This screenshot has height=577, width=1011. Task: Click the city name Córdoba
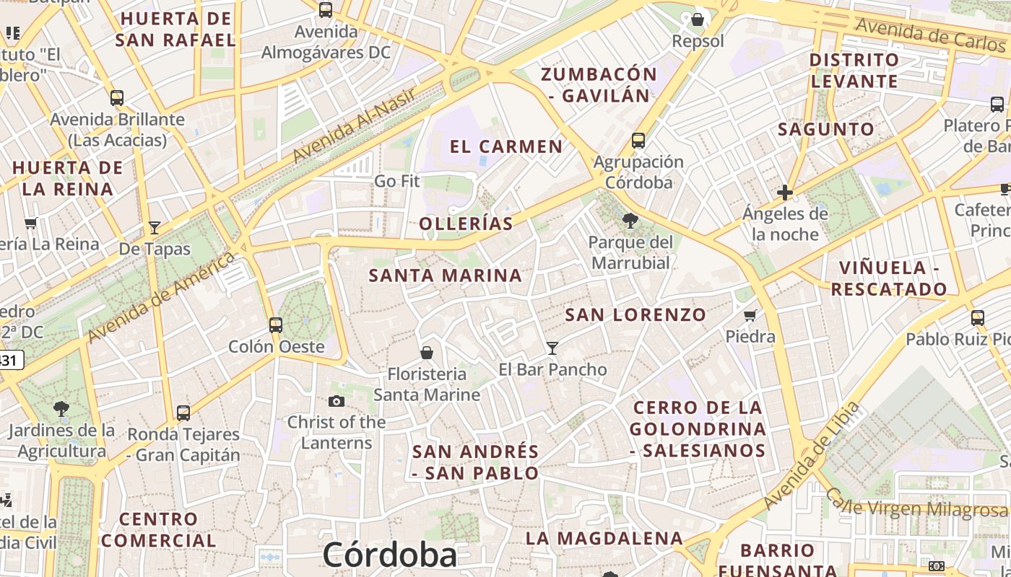[x=390, y=555]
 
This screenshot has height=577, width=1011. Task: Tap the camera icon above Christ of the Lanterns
[x=337, y=402]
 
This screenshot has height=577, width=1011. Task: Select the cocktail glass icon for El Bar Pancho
[x=552, y=348]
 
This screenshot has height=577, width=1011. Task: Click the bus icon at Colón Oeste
[x=276, y=325]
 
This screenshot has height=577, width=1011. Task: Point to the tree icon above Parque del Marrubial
[x=630, y=221]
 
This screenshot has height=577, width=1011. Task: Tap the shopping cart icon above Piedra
[x=750, y=315]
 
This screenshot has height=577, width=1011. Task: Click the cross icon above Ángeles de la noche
[x=785, y=193]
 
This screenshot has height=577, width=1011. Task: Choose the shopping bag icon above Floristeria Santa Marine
[x=427, y=353]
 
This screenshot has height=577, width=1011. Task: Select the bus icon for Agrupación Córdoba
[x=638, y=141]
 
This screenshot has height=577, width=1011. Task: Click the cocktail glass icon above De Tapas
[x=155, y=228]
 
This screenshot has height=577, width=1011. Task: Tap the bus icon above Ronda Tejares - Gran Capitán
[x=183, y=413]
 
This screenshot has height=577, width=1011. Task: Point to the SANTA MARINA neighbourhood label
[x=446, y=276]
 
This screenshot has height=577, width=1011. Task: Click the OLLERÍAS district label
[x=467, y=224]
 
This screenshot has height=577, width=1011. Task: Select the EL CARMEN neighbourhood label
[x=506, y=146]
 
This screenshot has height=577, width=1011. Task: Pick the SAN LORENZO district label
[x=635, y=314]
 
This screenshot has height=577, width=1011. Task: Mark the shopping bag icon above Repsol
[x=698, y=19]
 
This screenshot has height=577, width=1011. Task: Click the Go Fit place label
[x=396, y=181]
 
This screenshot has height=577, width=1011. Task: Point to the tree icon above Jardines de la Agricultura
[x=61, y=409]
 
